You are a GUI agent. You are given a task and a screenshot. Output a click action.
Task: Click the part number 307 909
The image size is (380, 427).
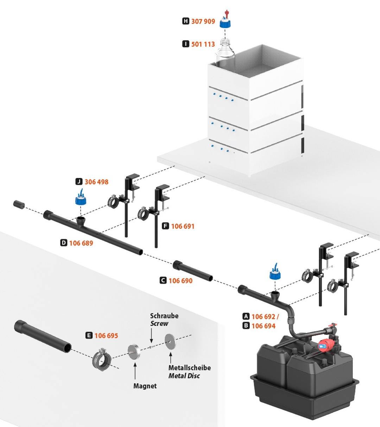(203, 21)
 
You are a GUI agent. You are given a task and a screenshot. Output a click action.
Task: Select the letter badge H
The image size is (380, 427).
(186, 21)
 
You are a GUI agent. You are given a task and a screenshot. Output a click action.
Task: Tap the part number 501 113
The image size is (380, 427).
(203, 44)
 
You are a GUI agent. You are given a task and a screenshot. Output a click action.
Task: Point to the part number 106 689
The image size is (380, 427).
(81, 243)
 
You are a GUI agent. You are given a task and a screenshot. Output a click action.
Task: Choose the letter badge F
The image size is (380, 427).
(165, 226)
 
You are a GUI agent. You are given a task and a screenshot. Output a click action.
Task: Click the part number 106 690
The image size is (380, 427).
(180, 281)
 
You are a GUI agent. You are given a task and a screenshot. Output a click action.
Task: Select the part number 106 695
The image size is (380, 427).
(106, 336)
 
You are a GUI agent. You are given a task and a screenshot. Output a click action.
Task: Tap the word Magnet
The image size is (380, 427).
(145, 386)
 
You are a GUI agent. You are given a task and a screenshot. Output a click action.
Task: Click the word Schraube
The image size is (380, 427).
(164, 316)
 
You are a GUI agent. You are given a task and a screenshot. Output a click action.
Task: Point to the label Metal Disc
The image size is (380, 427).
(184, 376)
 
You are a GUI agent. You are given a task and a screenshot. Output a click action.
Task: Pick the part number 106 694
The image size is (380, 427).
(264, 326)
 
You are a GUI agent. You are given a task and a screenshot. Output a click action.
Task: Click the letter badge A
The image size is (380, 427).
(246, 316)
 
